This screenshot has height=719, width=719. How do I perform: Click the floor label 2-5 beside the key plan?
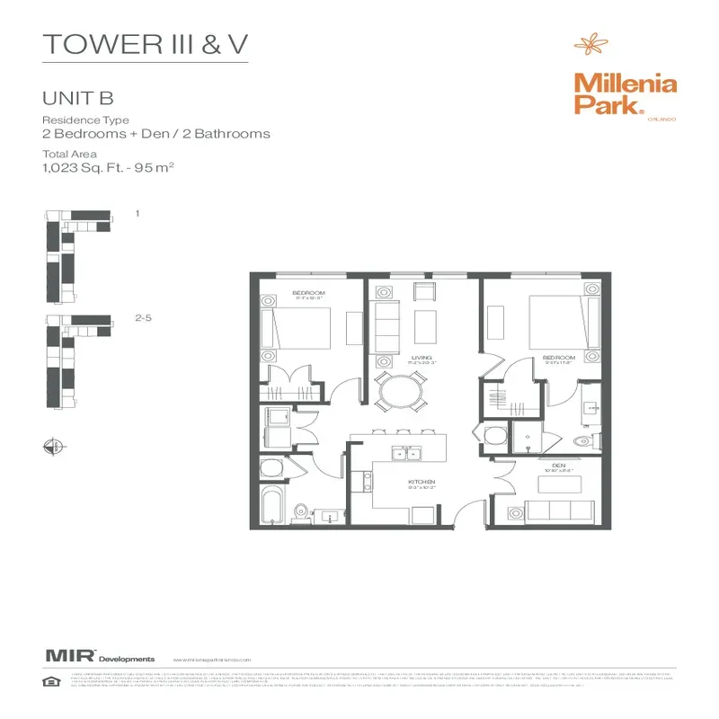click(143, 318)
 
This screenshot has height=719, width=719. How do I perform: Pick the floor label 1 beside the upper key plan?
click(137, 214)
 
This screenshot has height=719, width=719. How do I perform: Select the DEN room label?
click(556, 466)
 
